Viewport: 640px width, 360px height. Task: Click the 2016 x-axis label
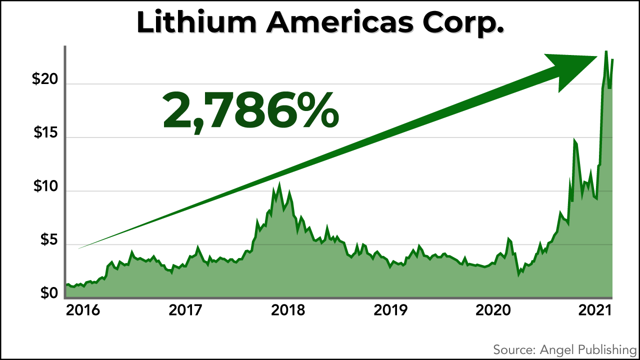point(83,311)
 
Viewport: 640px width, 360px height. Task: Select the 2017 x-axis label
point(185,311)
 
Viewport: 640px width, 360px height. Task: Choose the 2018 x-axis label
point(288,311)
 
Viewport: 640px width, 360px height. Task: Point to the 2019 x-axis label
point(390,311)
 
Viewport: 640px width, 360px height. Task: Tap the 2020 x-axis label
point(493,311)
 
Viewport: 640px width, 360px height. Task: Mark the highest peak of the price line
point(606,51)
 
